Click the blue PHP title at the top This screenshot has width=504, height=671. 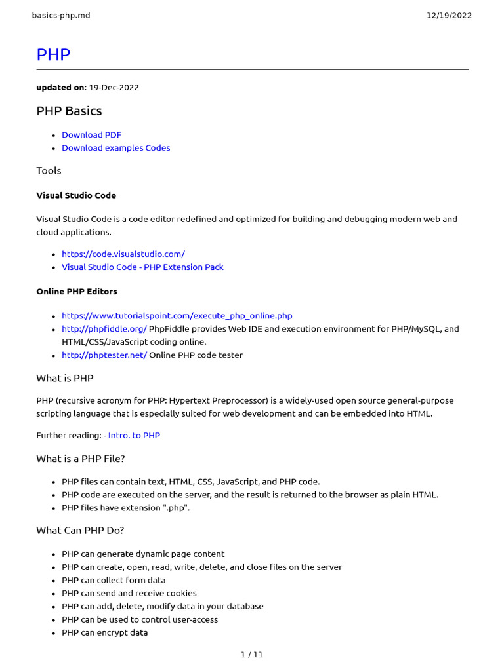click(x=53, y=55)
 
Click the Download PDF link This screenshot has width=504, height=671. click(x=91, y=135)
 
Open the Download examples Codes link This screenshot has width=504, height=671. click(x=115, y=148)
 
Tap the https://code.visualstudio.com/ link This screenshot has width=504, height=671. click(x=123, y=254)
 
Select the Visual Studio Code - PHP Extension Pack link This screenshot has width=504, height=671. click(x=142, y=267)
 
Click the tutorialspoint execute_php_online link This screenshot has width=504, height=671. click(x=177, y=316)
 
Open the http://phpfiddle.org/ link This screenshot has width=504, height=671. click(x=104, y=329)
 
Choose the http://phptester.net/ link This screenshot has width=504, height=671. click(x=104, y=355)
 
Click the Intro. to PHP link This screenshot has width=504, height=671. click(x=134, y=435)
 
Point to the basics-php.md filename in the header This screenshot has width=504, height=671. click(x=61, y=16)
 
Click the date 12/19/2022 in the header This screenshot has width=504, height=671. click(x=449, y=16)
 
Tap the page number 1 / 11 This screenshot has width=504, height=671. click(x=252, y=654)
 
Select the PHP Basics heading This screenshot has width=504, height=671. click(x=69, y=111)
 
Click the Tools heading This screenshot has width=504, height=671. click(x=49, y=170)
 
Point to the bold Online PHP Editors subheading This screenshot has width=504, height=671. click(x=77, y=291)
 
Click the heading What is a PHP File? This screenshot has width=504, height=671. click(x=80, y=459)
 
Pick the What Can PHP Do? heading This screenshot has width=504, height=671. click(x=80, y=530)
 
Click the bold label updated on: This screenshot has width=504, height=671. click(x=61, y=87)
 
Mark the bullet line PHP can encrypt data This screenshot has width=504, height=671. click(x=105, y=632)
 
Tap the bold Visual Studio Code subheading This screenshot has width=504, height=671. click(x=76, y=195)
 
